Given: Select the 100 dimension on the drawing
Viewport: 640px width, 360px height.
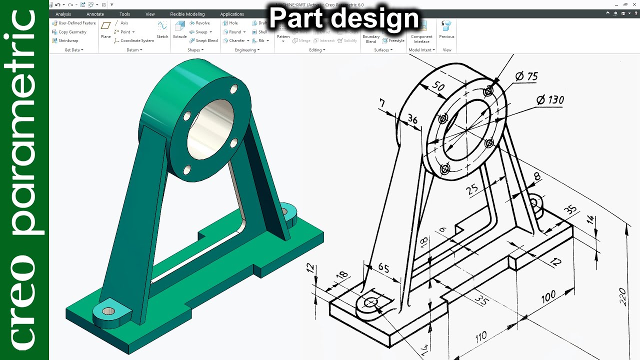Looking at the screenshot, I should (x=548, y=296).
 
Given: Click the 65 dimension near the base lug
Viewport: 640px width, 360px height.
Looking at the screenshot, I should (x=383, y=268).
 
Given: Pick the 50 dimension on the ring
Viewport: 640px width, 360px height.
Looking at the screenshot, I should (x=438, y=86).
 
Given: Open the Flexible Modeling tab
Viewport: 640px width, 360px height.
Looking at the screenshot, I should (x=187, y=14).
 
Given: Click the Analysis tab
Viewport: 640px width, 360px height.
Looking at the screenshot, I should (x=63, y=14).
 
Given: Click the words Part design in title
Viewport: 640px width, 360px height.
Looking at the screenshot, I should (x=344, y=18).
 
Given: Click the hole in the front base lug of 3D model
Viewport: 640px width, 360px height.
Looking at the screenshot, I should (x=108, y=311).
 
